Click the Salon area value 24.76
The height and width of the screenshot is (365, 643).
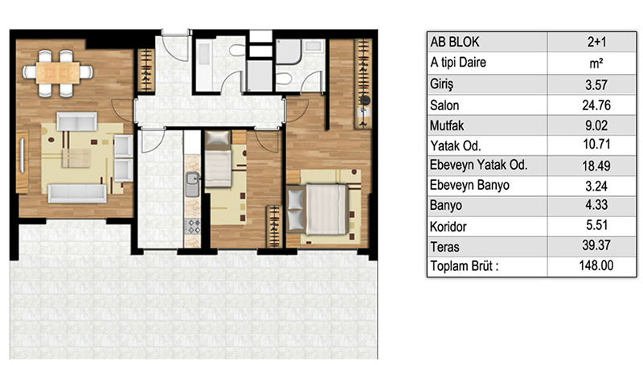pos(596,105)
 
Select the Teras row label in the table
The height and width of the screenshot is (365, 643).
pos(444,247)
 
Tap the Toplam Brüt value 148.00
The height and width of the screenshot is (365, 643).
pos(596,265)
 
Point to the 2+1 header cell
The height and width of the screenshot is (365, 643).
pos(596,42)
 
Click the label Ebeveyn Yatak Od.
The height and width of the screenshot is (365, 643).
pos(478,165)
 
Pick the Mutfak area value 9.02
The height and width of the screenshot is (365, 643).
pos(596,125)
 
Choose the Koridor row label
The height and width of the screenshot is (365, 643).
pos(448,227)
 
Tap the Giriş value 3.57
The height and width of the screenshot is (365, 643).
pos(596,85)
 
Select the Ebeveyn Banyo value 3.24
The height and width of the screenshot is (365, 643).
pos(596,186)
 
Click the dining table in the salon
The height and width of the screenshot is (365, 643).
pos(58,73)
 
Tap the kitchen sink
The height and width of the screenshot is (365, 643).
pos(192,184)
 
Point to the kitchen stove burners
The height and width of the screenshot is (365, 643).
pos(192,226)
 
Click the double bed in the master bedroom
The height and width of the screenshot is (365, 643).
pos(318,209)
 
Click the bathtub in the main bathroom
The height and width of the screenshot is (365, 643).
pos(204,65)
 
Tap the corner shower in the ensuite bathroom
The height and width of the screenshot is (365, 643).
pos(289,51)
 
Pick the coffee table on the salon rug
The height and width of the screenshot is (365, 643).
pos(76,158)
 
